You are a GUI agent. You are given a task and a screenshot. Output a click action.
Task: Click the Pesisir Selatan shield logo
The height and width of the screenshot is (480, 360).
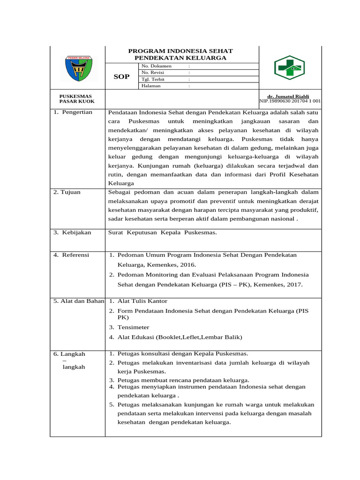[78, 68]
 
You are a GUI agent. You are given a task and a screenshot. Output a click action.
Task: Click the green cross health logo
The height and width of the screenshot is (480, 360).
[289, 67]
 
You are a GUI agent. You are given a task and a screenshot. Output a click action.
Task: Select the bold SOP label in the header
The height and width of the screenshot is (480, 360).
[121, 76]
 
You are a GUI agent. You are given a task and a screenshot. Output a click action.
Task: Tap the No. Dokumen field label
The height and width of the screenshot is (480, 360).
[157, 66]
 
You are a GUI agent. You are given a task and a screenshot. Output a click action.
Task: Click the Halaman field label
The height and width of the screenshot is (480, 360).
[151, 86]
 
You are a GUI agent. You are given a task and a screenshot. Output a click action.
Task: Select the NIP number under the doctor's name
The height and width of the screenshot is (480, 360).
[290, 101]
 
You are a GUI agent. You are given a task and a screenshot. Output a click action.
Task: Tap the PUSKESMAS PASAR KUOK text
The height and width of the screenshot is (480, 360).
[77, 98]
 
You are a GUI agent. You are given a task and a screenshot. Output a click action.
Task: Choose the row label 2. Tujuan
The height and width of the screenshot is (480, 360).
[68, 192]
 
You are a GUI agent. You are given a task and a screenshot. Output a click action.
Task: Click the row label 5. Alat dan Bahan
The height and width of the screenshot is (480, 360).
[78, 301]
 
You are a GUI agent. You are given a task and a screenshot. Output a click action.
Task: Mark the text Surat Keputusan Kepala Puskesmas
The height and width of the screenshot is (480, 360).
[163, 232]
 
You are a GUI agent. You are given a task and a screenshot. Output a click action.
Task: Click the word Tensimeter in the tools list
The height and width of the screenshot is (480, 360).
[134, 327]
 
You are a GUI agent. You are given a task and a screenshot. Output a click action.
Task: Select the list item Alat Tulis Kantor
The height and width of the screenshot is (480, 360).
[142, 301]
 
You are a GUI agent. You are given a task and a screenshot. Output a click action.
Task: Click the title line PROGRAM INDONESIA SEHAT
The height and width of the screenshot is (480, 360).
[180, 51]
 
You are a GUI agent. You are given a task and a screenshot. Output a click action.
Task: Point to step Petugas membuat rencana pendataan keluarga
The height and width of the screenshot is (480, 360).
[183, 380]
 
